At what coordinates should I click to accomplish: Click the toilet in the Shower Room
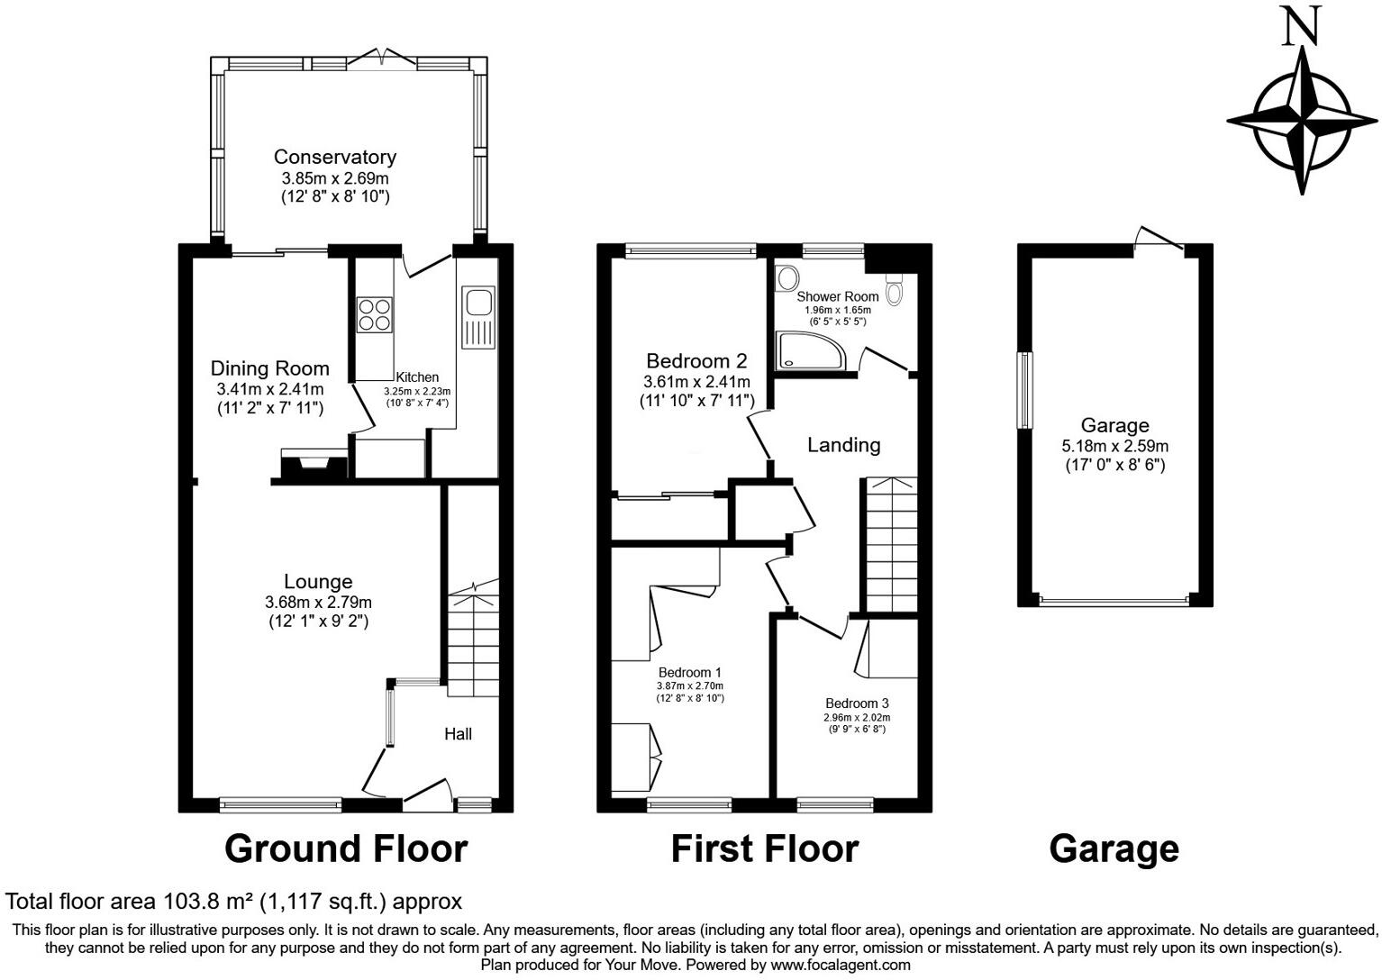(x=894, y=290)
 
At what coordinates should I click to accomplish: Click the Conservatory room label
(x=334, y=157)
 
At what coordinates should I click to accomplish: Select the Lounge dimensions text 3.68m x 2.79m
(x=318, y=602)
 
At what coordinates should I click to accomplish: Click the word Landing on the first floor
(x=843, y=444)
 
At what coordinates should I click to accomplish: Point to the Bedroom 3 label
(x=857, y=703)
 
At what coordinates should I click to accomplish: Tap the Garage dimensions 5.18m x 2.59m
(x=1114, y=446)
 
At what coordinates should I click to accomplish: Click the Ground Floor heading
(x=346, y=848)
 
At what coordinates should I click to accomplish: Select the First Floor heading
(x=764, y=848)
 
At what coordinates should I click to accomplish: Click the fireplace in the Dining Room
(x=314, y=465)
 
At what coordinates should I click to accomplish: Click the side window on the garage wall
(x=1025, y=389)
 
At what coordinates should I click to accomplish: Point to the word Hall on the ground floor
(x=458, y=734)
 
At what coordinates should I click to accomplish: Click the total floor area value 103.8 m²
(x=208, y=901)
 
